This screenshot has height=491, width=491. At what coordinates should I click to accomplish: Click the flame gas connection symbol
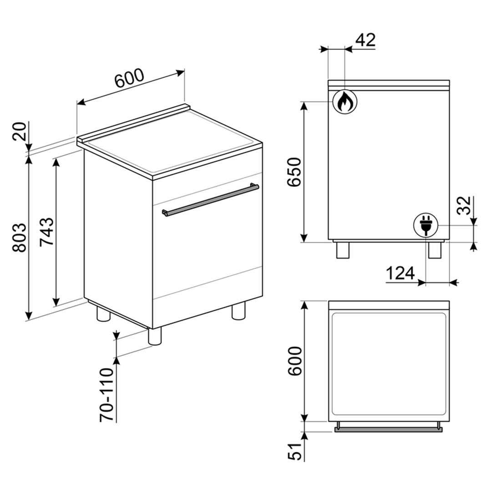pos(344,101)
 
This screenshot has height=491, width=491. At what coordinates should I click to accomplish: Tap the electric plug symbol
pos(425,225)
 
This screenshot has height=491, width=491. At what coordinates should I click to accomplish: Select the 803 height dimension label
pos(20,238)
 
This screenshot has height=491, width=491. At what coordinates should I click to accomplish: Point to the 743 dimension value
pos(47,232)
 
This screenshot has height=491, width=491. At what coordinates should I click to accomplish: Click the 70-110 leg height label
pos(106,395)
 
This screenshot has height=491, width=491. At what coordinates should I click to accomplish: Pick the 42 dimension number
pos(365,40)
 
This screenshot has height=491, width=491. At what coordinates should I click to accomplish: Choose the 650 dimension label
pos(294,172)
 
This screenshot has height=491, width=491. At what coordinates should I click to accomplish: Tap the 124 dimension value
pos(400,273)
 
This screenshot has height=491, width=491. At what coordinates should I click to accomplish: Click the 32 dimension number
pos(464,205)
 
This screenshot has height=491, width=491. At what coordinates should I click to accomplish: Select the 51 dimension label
pos(294,451)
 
